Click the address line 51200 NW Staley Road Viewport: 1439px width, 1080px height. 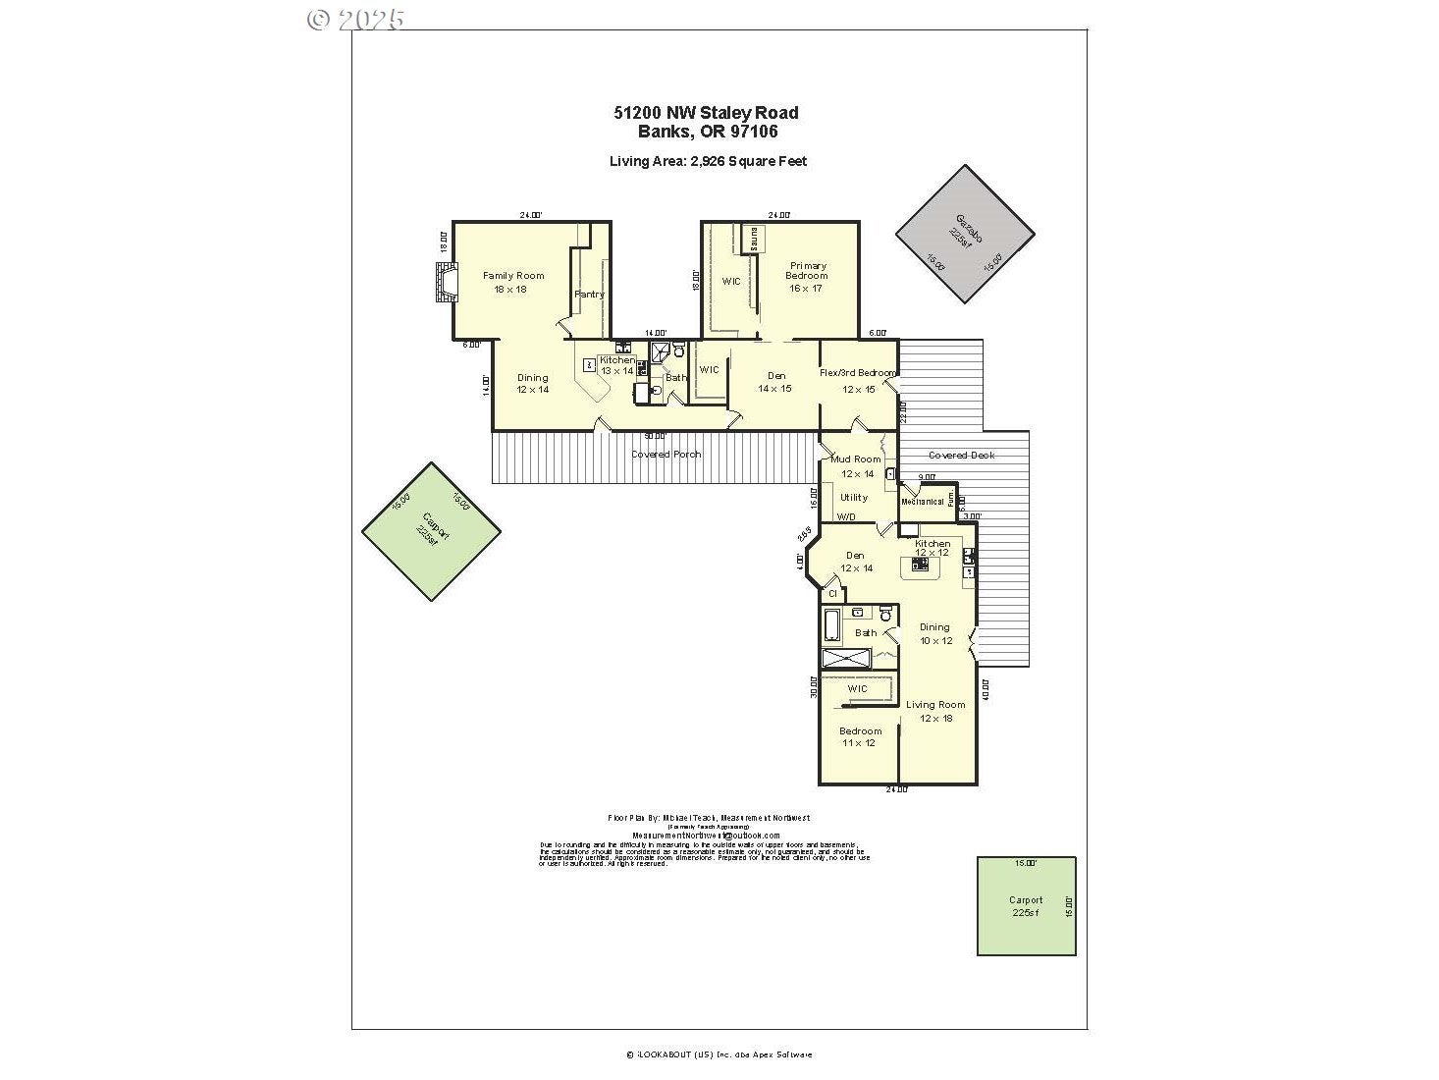point(706,113)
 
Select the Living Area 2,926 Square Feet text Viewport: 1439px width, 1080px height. point(708,161)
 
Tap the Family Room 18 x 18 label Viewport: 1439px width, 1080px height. point(513,282)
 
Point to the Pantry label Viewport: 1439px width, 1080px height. point(589,294)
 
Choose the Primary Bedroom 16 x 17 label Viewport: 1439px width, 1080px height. point(806,276)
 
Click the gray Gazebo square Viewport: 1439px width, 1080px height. point(964,234)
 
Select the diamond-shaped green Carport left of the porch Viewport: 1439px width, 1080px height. point(431,531)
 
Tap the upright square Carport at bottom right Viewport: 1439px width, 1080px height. point(1026,905)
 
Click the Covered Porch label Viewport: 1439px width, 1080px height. point(666,455)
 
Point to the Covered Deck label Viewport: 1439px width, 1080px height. point(961,456)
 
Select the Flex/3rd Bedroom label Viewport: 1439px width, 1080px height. point(858,373)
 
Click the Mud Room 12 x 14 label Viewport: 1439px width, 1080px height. point(856,465)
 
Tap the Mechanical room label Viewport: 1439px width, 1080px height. point(922,502)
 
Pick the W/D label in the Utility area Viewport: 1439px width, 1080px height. point(845,517)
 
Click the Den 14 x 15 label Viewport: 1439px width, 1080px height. point(775,382)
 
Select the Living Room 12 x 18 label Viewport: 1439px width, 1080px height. point(934,711)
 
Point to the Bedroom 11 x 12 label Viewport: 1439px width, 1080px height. point(860,736)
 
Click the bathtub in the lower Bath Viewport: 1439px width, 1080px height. point(830,624)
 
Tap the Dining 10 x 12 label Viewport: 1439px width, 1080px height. point(934,633)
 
